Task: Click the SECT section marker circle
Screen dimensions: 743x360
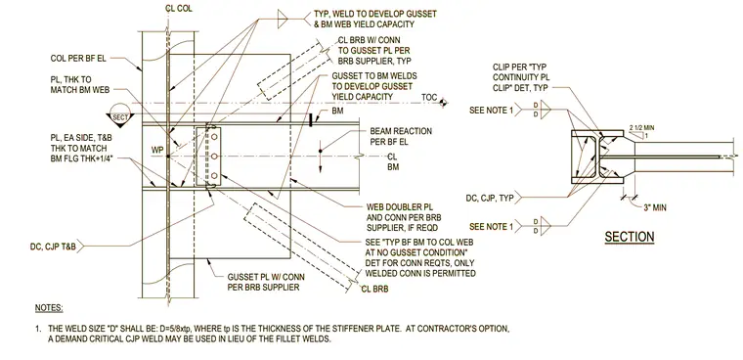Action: pyautogui.click(x=120, y=115)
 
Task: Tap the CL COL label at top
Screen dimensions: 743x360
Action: pyautogui.click(x=179, y=9)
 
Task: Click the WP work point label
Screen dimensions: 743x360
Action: pyautogui.click(x=157, y=151)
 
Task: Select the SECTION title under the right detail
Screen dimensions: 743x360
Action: pyautogui.click(x=630, y=236)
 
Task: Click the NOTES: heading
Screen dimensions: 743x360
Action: pyautogui.click(x=49, y=308)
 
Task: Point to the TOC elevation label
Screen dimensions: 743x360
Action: pyautogui.click(x=429, y=98)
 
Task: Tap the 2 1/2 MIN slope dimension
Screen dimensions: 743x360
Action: pyautogui.click(x=642, y=127)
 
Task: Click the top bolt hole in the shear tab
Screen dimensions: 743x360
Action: pyautogui.click(x=214, y=137)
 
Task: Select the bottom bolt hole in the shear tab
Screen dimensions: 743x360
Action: pyautogui.click(x=214, y=176)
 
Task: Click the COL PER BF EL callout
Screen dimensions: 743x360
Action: pyautogui.click(x=78, y=59)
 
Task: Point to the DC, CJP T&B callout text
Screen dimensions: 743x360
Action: pyautogui.click(x=54, y=247)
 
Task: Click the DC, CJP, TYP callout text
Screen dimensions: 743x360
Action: pyautogui.click(x=490, y=198)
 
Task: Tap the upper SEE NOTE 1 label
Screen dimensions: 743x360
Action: pyautogui.click(x=492, y=110)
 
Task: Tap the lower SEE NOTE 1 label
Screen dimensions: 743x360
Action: pyautogui.click(x=492, y=227)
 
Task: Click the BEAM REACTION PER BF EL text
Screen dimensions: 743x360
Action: pyautogui.click(x=401, y=136)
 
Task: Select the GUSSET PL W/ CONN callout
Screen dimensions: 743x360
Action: pyautogui.click(x=266, y=282)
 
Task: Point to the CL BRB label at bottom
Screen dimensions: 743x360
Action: pyautogui.click(x=374, y=289)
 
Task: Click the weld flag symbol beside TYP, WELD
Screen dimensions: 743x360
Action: pyautogui.click(x=283, y=19)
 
